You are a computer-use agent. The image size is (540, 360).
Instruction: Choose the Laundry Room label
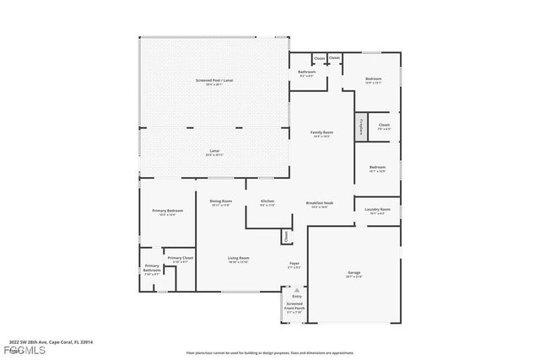click(x=377, y=210)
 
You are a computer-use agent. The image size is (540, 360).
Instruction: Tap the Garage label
click(x=354, y=273)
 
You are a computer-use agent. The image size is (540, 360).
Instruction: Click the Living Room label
click(x=239, y=259)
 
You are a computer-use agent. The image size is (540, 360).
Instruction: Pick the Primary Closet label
click(x=181, y=259)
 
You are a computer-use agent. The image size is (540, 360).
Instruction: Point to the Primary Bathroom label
click(x=151, y=271)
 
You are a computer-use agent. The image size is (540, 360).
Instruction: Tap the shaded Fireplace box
click(x=360, y=126)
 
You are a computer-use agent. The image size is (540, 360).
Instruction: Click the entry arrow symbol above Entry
click(x=296, y=289)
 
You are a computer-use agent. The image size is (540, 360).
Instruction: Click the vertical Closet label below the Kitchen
click(x=286, y=237)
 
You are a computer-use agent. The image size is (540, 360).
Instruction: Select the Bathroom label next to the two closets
click(x=306, y=73)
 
